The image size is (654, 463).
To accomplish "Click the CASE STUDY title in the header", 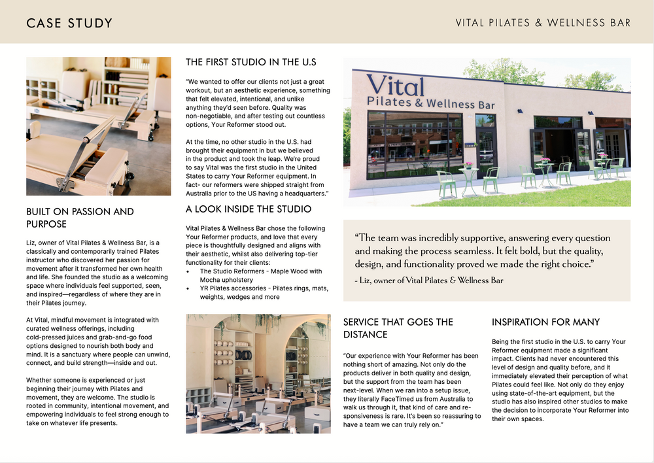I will pyautogui.click(x=69, y=24).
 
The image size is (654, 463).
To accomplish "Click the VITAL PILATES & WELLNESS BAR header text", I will pyautogui.click(x=543, y=23).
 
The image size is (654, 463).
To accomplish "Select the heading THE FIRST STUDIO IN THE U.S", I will pyautogui.click(x=251, y=62).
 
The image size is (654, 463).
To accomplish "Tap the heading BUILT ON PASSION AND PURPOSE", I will pyautogui.click(x=80, y=218).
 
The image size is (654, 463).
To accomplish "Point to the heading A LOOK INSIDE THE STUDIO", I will pyautogui.click(x=249, y=209).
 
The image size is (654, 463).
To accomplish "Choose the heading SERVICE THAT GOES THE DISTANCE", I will pyautogui.click(x=398, y=328).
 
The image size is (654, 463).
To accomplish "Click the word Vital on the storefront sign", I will pyautogui.click(x=395, y=85).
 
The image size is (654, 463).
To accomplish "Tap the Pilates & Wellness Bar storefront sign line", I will pyautogui.click(x=431, y=103).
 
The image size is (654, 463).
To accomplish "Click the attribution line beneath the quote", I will pyautogui.click(x=429, y=281).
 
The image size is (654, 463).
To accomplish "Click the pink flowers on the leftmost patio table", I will pyautogui.click(x=468, y=165).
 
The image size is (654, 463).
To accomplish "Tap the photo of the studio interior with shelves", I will pyautogui.click(x=258, y=373).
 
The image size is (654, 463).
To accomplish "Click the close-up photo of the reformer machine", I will pyautogui.click(x=99, y=126).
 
